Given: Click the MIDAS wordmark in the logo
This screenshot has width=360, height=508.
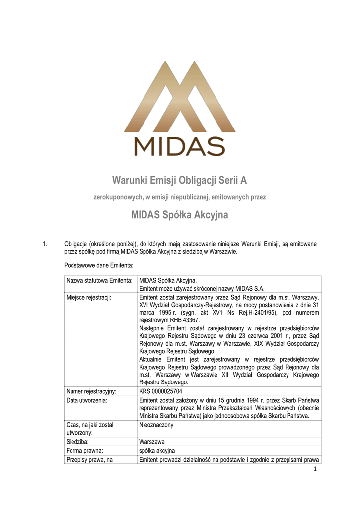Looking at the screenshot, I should coord(180,146).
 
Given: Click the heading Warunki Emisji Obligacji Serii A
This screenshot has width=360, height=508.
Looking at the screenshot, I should coord(180,179).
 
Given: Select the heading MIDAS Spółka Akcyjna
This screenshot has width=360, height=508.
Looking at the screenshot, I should coord(180,215).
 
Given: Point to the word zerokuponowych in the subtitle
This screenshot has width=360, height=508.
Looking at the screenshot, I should coord(118,197).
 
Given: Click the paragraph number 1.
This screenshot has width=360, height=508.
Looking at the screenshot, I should coord(45,244).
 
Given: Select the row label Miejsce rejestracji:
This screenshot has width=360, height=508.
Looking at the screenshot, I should coord(88,297).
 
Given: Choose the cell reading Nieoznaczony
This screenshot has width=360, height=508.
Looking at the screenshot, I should coord(156,425).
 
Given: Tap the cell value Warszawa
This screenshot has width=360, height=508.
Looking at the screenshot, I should coord(152,441).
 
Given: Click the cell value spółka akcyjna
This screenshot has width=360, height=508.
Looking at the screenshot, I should coord(157,451).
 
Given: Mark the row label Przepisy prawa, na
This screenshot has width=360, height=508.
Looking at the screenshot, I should coord(89,460).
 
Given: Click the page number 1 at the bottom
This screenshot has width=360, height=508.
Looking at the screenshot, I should coord(315,470).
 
